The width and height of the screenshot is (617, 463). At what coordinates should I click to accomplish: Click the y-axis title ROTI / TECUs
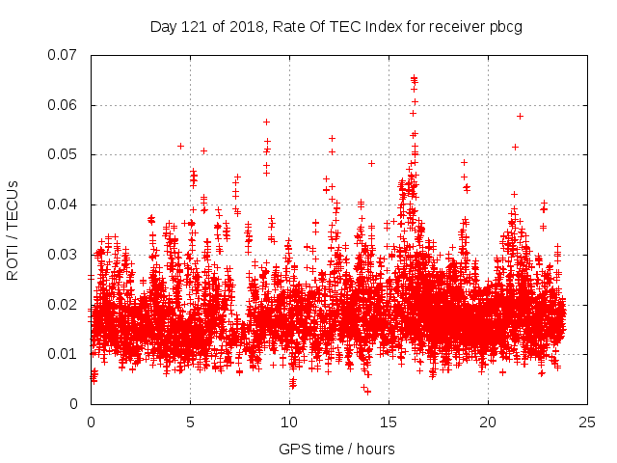[x=13, y=230]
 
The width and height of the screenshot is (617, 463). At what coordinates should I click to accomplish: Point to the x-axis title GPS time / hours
[x=336, y=449]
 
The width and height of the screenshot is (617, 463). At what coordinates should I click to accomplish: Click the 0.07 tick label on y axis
[x=64, y=55]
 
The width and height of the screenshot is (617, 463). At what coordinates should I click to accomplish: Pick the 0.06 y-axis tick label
[x=64, y=105]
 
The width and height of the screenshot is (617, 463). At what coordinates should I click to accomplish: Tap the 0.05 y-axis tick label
[x=64, y=154]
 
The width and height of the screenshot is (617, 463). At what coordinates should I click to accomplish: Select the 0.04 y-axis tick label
[x=64, y=204]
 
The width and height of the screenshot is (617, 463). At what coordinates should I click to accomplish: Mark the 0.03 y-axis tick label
[x=64, y=255]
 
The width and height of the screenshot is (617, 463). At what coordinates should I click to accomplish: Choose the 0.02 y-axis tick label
[x=64, y=305]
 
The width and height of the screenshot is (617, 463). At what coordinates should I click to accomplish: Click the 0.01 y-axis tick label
[x=64, y=354]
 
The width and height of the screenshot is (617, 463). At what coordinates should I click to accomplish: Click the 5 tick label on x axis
[x=190, y=422]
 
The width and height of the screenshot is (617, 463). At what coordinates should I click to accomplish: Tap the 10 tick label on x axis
[x=289, y=422]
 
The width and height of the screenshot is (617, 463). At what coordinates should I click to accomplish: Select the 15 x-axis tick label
[x=389, y=422]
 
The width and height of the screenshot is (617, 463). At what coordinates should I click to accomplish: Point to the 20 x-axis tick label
[x=488, y=422]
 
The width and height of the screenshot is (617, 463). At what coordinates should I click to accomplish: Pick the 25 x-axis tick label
[x=587, y=422]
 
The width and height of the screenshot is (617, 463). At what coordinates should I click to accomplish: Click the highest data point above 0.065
[x=414, y=78]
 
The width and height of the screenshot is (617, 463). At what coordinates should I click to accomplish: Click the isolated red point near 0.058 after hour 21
[x=520, y=116]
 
